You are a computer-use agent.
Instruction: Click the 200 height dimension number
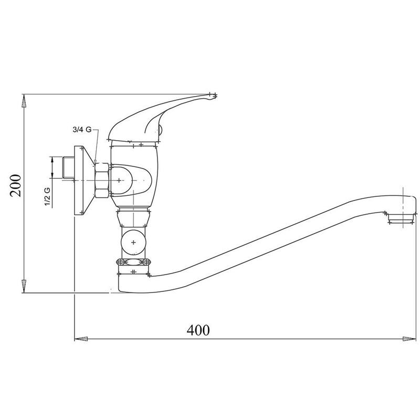point(16,185)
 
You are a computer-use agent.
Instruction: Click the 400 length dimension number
point(198,330)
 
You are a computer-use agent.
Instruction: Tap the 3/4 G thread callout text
point(82,130)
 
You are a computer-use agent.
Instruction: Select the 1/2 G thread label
point(47,197)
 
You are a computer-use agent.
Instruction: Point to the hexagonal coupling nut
point(102,180)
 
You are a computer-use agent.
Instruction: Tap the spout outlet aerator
point(402,218)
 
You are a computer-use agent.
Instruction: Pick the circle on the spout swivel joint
point(133,243)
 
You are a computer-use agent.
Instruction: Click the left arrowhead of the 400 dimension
point(81,339)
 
